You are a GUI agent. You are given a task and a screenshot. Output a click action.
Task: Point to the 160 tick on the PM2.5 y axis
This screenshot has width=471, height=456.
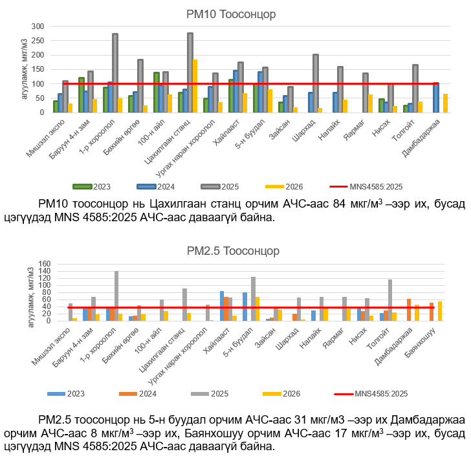[x=42, y=264]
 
